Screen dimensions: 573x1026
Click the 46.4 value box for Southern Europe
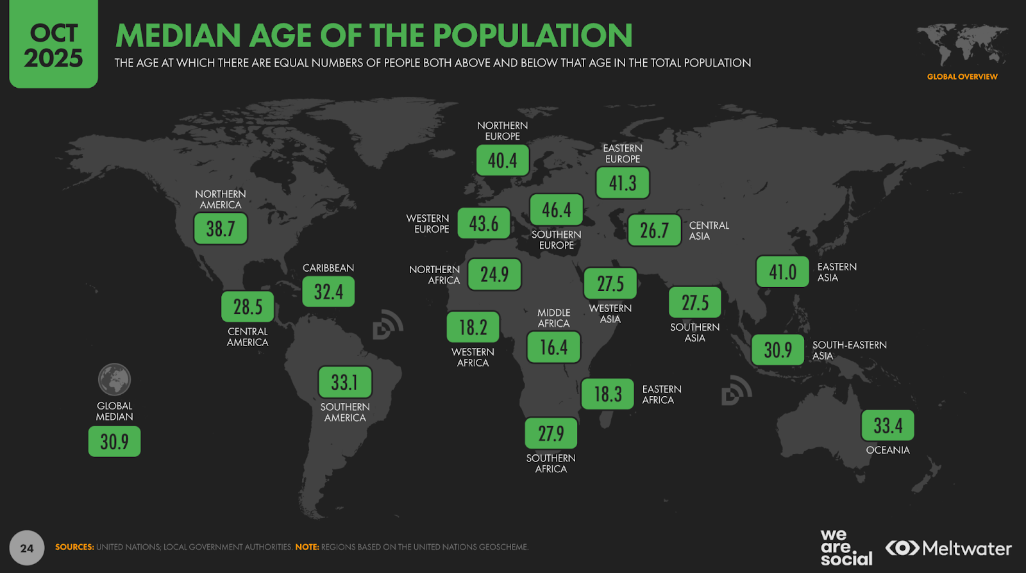click(x=556, y=210)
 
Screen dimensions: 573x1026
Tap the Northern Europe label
click(x=502, y=131)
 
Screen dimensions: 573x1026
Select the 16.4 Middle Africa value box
click(x=553, y=347)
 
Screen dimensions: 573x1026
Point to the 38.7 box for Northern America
click(x=221, y=229)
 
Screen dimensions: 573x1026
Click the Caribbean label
click(x=328, y=268)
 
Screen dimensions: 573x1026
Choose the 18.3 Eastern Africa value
click(x=607, y=394)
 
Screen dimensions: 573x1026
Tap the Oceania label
click(x=887, y=450)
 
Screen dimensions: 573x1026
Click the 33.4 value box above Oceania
click(x=887, y=426)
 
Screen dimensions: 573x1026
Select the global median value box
click(x=114, y=442)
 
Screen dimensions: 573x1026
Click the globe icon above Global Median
click(x=114, y=379)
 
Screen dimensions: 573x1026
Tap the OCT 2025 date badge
click(x=53, y=45)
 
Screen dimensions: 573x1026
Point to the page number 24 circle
click(x=27, y=548)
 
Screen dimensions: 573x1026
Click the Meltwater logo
click(x=948, y=549)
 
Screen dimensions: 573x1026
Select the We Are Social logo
click(x=846, y=547)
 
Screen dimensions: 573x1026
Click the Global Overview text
click(x=962, y=77)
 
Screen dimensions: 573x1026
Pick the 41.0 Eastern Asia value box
click(x=782, y=272)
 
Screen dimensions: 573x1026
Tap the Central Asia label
click(x=709, y=231)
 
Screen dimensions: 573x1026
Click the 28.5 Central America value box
click(x=248, y=307)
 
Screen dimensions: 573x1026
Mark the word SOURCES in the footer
click(x=74, y=547)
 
